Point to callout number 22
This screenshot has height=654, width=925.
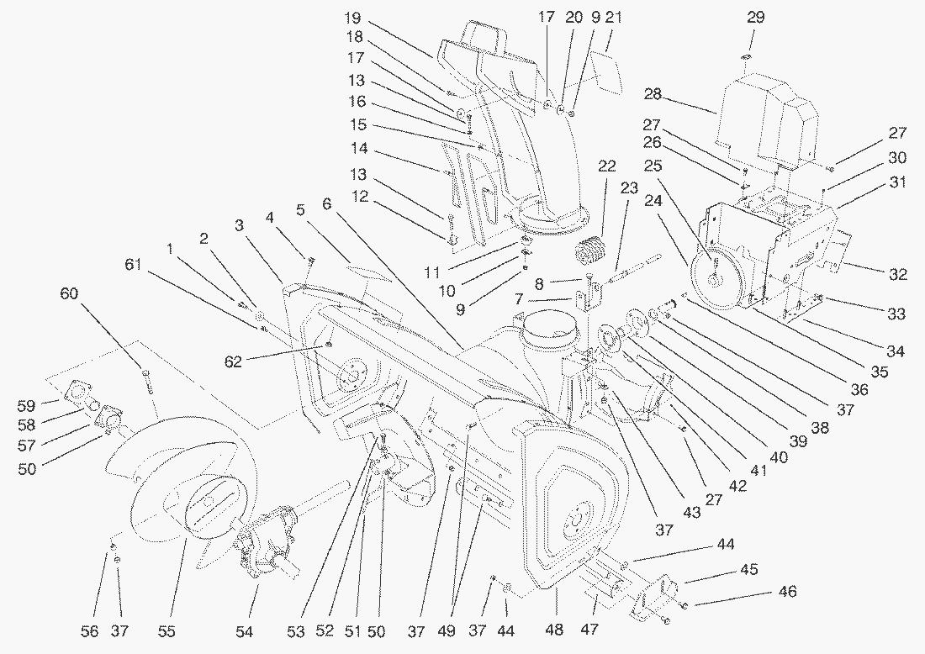tap(606, 166)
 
